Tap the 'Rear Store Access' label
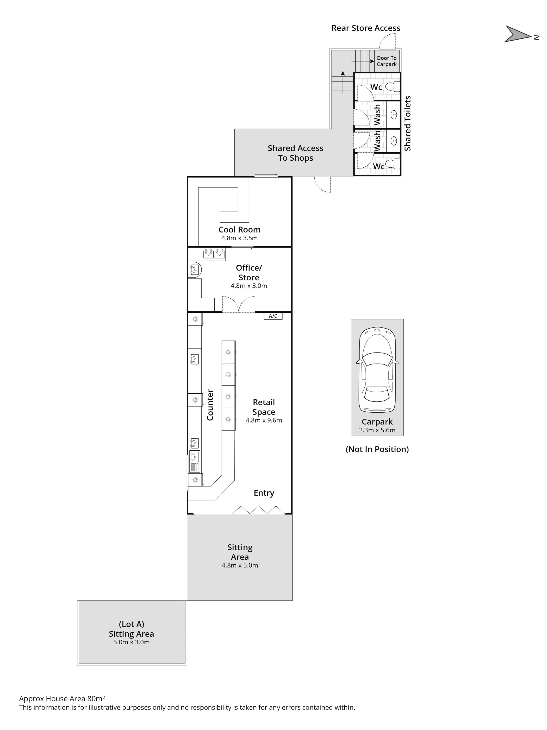pos(366,28)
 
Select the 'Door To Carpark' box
pos(387,61)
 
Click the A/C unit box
pos(273,316)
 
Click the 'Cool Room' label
pos(239,230)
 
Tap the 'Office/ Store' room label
pos(249,273)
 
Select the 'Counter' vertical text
pos(210,405)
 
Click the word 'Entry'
pos(264,493)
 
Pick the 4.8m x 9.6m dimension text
pos(264,420)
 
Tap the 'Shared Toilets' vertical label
pos(408,124)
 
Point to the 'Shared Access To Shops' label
pos(295,153)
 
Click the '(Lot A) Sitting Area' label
pos(131,629)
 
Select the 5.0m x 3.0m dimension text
pos(131,642)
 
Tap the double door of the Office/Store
pos(239,304)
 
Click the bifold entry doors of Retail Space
pos(258,509)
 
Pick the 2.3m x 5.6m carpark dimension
pos(377,430)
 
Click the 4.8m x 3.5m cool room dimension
pos(239,238)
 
